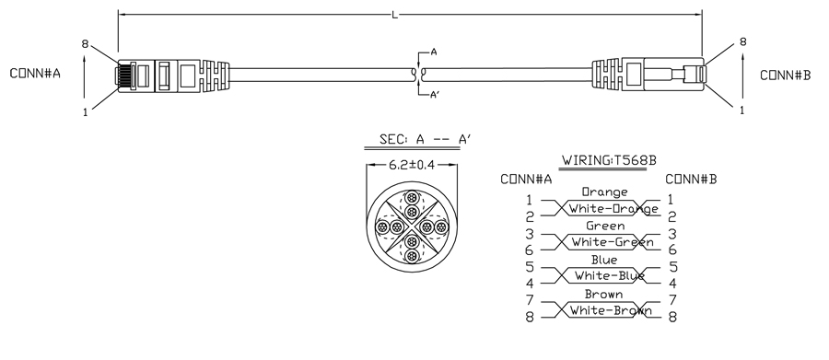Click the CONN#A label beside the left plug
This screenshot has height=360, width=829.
click(35, 74)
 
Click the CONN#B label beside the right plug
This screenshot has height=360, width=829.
click(785, 75)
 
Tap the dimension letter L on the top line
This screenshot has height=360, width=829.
click(395, 16)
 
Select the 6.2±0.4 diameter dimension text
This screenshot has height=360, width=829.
click(412, 165)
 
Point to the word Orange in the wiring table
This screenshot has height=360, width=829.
click(605, 192)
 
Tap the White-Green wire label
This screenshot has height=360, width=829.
click(613, 243)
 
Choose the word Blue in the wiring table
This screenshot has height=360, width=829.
click(603, 260)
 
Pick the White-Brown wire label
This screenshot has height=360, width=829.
click(611, 310)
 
